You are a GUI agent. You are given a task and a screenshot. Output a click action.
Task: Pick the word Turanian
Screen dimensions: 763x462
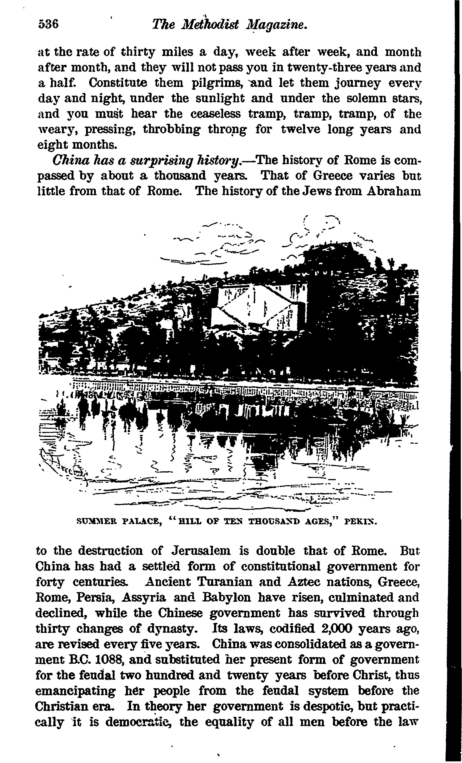pos(225,582)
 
